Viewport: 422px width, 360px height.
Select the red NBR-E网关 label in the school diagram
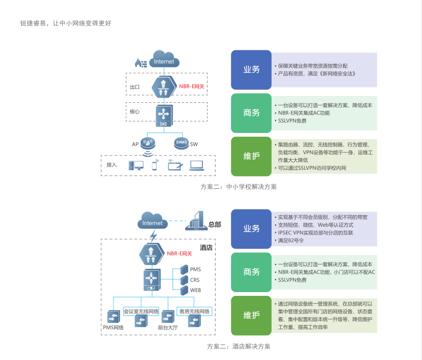[x=192, y=86]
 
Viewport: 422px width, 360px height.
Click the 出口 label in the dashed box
[x=135, y=87]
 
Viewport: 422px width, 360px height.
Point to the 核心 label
[x=135, y=111]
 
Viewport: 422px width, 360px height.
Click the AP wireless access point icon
[x=148, y=143]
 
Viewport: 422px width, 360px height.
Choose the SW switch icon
[x=182, y=143]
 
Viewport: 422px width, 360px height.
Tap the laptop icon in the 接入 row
[x=196, y=165]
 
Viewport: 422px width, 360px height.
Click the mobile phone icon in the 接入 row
[x=155, y=165]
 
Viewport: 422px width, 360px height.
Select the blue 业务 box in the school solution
[x=252, y=69]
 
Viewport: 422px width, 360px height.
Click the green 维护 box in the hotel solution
[x=252, y=315]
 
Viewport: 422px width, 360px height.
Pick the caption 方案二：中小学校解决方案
[x=239, y=187]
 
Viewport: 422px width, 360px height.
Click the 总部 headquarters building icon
[x=196, y=221]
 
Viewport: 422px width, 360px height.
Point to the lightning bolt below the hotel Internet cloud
[x=153, y=236]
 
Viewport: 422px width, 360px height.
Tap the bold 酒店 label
[x=206, y=248]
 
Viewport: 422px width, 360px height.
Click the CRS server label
[x=195, y=280]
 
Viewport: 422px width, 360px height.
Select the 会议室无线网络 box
[x=141, y=311]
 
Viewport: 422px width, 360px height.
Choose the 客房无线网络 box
[x=194, y=311]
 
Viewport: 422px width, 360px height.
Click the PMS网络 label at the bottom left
[x=113, y=328]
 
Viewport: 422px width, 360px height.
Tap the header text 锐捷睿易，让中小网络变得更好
[x=66, y=23]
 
